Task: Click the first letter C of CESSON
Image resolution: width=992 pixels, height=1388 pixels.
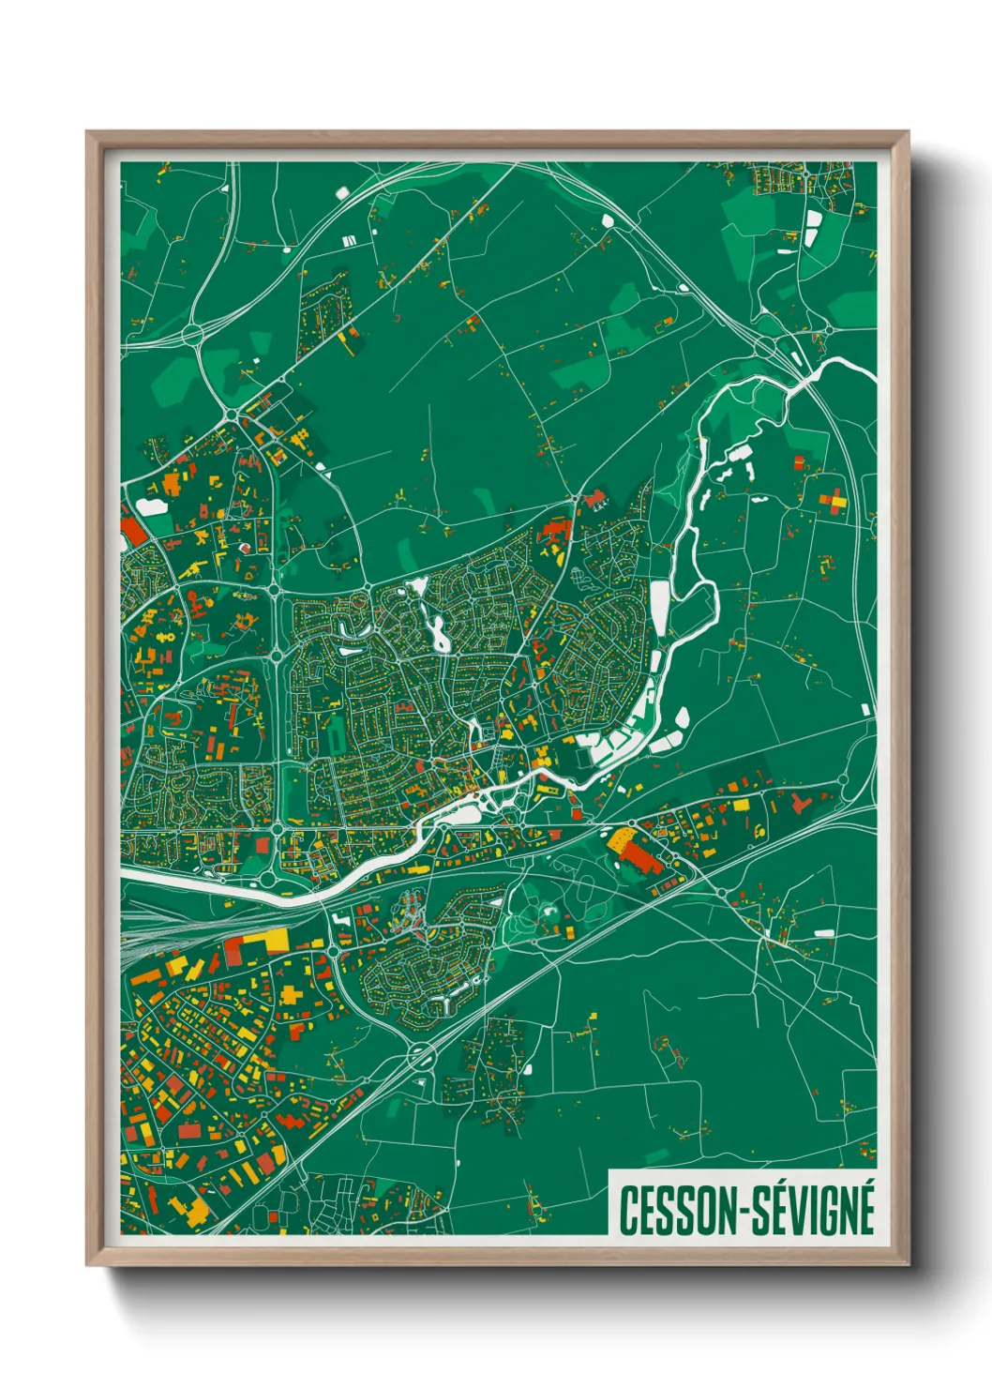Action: point(628,1211)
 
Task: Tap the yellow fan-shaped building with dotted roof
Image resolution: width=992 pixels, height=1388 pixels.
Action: point(622,841)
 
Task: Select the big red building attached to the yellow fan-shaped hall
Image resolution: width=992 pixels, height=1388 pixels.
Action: point(642,855)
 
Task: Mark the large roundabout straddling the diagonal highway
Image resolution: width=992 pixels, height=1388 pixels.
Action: point(419,1057)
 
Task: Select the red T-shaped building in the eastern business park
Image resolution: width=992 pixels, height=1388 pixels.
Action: point(799,803)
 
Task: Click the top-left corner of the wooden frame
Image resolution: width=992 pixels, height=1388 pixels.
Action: point(88,133)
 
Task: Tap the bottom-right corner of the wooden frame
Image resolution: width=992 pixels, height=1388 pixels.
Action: point(908,1264)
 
